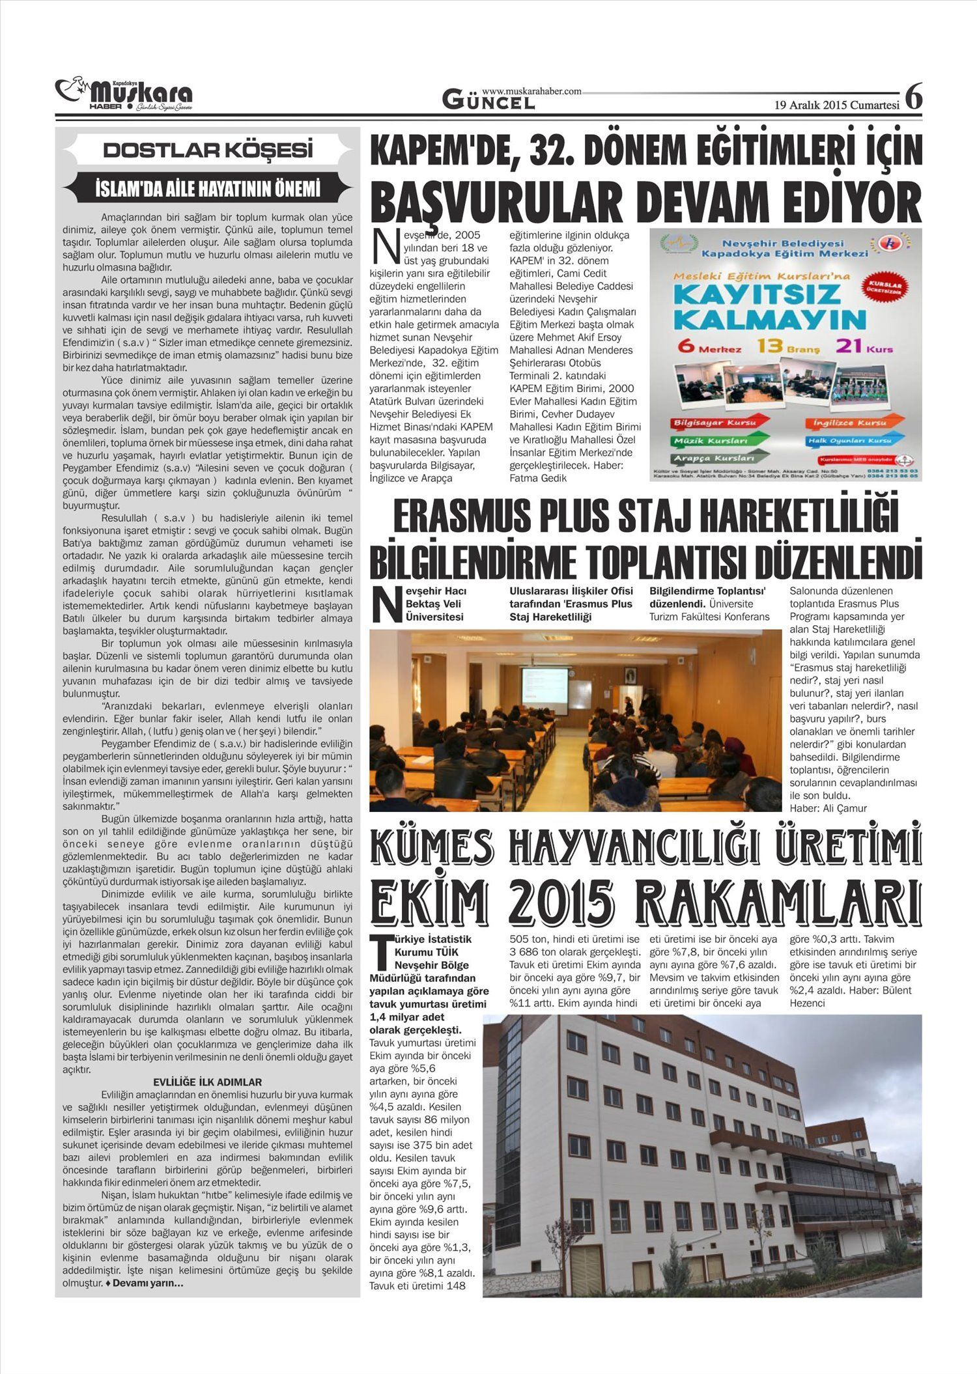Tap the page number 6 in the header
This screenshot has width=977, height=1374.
(x=913, y=98)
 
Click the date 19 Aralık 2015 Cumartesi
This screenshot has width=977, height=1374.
(x=836, y=105)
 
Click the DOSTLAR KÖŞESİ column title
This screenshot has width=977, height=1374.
(x=208, y=150)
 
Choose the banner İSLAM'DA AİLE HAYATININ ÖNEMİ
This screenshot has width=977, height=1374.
(x=208, y=189)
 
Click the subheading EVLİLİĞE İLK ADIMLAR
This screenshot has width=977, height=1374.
(x=208, y=1082)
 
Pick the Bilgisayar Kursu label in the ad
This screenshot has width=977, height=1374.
(x=715, y=423)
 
